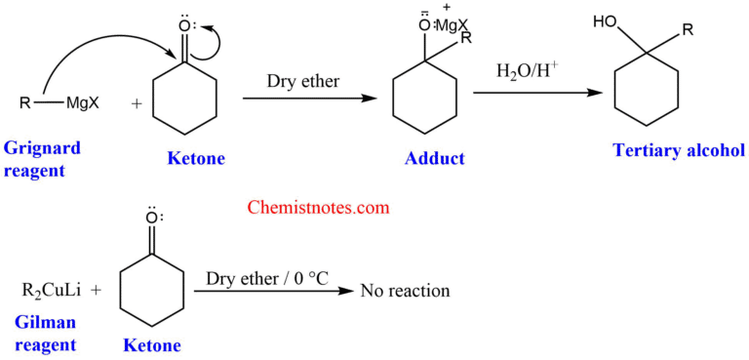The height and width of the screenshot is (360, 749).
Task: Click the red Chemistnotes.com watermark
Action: (x=320, y=207)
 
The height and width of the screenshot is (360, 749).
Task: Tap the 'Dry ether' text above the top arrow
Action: (x=303, y=82)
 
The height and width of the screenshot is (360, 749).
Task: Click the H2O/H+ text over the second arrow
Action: (x=527, y=73)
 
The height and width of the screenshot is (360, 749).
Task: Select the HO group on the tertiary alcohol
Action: (x=606, y=22)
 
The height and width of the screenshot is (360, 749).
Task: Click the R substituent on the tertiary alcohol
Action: (x=688, y=29)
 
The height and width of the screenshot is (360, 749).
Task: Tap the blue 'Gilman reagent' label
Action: (x=46, y=332)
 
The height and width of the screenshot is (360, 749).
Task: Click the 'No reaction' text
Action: (x=405, y=291)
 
